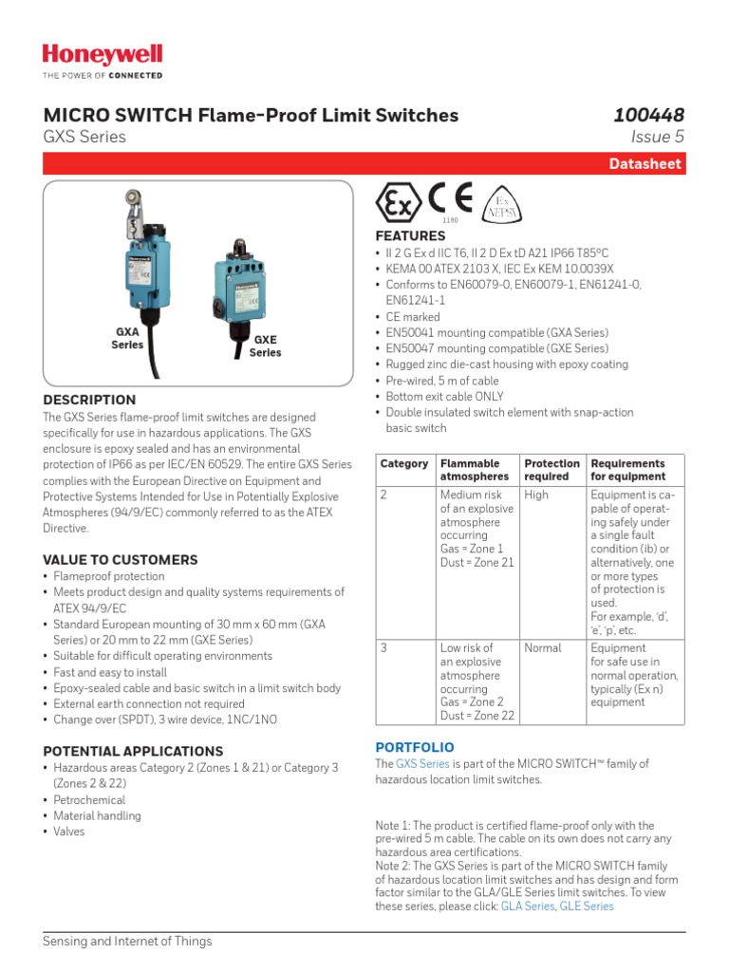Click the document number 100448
[x=648, y=115]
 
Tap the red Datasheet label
[x=645, y=164]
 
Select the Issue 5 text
[x=657, y=137]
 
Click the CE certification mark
[x=450, y=199]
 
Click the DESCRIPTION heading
[x=89, y=400]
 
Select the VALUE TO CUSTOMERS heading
[x=121, y=560]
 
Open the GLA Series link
[x=527, y=907]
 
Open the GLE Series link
[x=587, y=907]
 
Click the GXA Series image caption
[x=127, y=339]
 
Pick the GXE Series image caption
[x=265, y=346]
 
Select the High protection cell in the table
[x=536, y=495]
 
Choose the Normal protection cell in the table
[x=542, y=647]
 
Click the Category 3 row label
[x=383, y=647]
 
